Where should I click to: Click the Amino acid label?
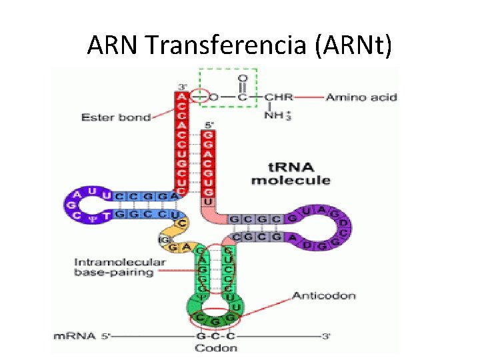361,97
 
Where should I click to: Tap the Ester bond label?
115,117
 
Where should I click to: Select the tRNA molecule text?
290,174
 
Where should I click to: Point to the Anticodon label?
323,295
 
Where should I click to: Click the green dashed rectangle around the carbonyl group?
227,70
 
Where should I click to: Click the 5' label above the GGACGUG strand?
208,123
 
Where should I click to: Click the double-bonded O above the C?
242,79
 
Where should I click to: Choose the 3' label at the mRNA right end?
326,337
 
